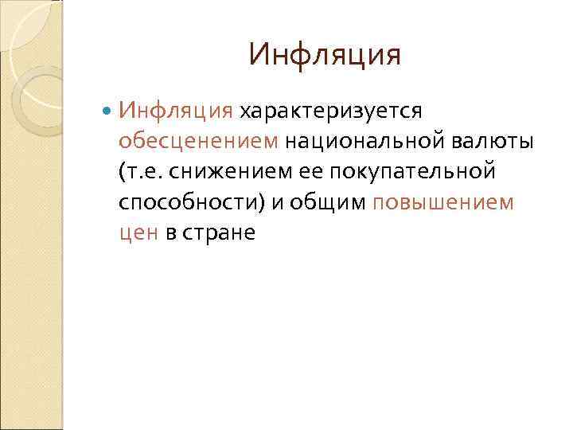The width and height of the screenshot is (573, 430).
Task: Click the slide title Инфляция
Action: (x=324, y=56)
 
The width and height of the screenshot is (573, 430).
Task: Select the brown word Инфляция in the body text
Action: (x=176, y=109)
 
